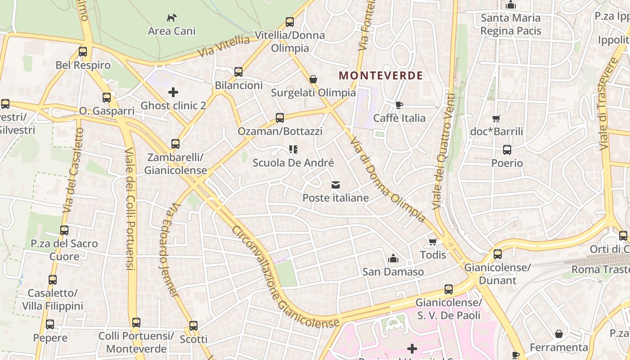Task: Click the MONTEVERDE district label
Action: coord(381,76)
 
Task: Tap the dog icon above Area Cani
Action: coord(172,18)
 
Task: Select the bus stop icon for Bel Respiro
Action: coord(83,52)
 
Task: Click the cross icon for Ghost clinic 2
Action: coord(173,92)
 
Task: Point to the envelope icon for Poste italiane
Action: coord(335,184)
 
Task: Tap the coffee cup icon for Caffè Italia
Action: coord(399,105)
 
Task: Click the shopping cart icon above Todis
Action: coord(433,242)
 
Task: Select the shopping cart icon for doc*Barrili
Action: coord(496,119)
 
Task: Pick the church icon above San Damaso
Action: coord(393,259)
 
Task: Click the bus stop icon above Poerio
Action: coord(507,150)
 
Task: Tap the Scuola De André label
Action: coord(293,162)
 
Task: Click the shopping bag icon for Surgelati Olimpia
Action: coord(313,80)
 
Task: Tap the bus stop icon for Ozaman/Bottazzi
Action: coord(280,118)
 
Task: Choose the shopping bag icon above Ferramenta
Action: coord(558,334)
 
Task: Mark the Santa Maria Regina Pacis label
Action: coord(511,24)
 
